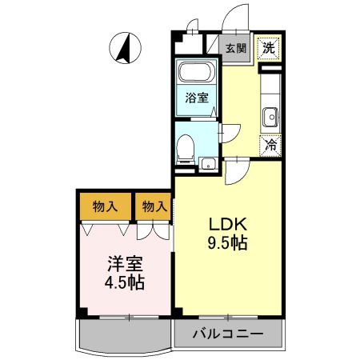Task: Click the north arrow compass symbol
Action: click(x=126, y=48)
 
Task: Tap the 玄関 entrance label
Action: click(x=236, y=48)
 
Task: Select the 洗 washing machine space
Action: click(x=269, y=48)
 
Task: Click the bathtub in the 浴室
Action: click(x=197, y=71)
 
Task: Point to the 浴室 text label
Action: click(x=197, y=98)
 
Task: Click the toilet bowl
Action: click(x=185, y=149)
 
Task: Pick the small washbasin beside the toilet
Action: click(x=208, y=163)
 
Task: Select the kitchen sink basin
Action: click(x=270, y=118)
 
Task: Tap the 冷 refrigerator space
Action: click(x=270, y=146)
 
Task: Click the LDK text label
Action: click(x=228, y=225)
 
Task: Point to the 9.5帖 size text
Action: click(x=227, y=242)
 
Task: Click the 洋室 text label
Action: click(x=125, y=264)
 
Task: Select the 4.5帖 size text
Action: click(x=125, y=282)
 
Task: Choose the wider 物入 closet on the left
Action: click(x=106, y=206)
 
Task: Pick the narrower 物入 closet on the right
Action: click(x=153, y=206)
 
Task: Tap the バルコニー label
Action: click(x=228, y=334)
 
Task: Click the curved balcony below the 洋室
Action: click(x=123, y=336)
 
